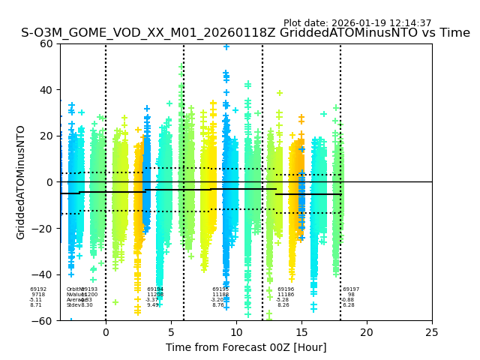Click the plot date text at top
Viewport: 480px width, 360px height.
coord(357,23)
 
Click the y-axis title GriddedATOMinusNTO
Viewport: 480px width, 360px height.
coord(21,182)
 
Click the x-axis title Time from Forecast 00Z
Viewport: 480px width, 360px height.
coord(246,347)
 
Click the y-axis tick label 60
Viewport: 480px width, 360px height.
coord(46,43)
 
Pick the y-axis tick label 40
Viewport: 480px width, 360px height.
coord(46,90)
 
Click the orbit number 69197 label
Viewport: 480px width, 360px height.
coord(351,289)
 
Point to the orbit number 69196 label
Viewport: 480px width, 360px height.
coord(286,289)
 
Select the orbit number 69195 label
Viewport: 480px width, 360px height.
coord(220,289)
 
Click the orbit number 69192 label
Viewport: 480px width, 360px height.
coord(38,289)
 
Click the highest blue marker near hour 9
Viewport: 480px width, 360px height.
coord(226,46)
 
